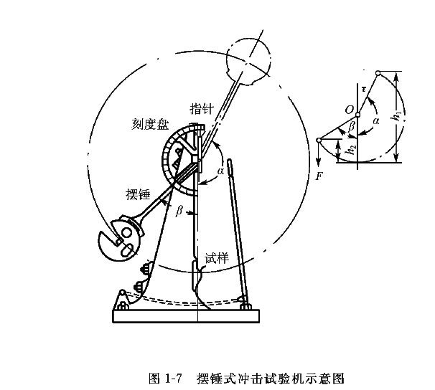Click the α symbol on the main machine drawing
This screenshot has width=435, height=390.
point(220,171)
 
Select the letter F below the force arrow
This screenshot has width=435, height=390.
point(319,174)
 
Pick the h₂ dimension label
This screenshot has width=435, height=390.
point(350,149)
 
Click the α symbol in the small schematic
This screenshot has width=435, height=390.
point(375,122)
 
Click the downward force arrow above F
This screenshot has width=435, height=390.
point(319,152)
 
